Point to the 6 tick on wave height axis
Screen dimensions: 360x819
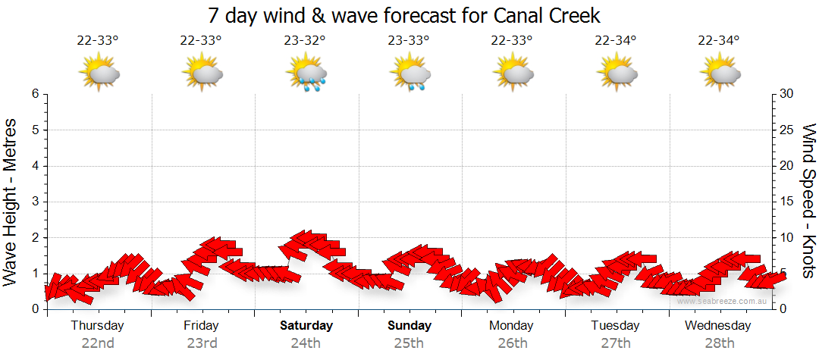click(34, 94)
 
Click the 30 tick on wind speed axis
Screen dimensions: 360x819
click(787, 94)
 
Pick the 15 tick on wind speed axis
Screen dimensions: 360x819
click(787, 202)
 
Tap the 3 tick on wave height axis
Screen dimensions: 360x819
click(34, 202)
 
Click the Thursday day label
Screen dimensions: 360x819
click(97, 326)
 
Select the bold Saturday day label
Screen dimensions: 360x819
click(306, 326)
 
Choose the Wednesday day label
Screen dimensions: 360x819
click(717, 326)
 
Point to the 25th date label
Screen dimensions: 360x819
click(409, 343)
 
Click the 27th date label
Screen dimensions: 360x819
click(615, 343)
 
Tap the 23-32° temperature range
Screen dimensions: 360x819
click(304, 41)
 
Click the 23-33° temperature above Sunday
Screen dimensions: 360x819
click(408, 41)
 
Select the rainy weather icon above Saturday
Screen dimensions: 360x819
click(306, 73)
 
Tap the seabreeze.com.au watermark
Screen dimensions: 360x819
click(723, 301)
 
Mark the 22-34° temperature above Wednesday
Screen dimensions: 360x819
click(719, 41)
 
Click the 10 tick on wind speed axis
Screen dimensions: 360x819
click(787, 237)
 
